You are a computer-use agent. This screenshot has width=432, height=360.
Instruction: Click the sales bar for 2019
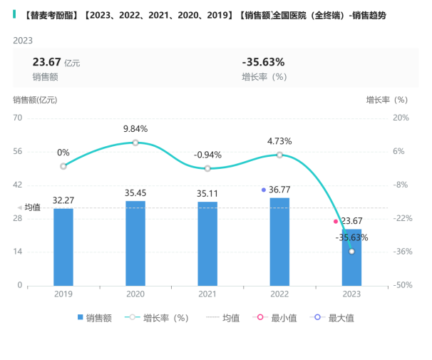pos(63,247)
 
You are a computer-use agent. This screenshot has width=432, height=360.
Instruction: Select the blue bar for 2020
pos(135,243)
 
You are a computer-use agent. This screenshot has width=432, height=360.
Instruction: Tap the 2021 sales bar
pos(207,244)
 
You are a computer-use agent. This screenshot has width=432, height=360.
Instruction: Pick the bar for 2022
pos(279,242)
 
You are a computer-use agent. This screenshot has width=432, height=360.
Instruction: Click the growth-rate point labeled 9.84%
pos(135,143)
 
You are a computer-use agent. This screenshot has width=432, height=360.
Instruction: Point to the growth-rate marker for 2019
pos(63,166)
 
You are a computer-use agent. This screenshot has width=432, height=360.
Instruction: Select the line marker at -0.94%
pos(207,168)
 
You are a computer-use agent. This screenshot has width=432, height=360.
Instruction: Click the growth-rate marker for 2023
pos(351,252)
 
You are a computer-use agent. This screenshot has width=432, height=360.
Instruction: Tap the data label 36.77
pos(280,190)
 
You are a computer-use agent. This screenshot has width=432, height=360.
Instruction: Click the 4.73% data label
pos(279,140)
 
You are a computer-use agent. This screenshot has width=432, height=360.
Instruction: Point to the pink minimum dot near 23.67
pos(336,222)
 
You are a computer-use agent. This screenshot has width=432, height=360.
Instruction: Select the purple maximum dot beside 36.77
pos(264,190)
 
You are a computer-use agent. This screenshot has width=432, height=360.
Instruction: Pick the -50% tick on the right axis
pos(401,285)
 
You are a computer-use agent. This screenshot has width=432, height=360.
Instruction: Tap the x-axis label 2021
pos(207,294)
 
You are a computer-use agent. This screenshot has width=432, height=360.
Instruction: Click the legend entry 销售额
pos(94,318)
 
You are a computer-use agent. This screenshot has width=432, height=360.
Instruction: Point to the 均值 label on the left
pos(32,207)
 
